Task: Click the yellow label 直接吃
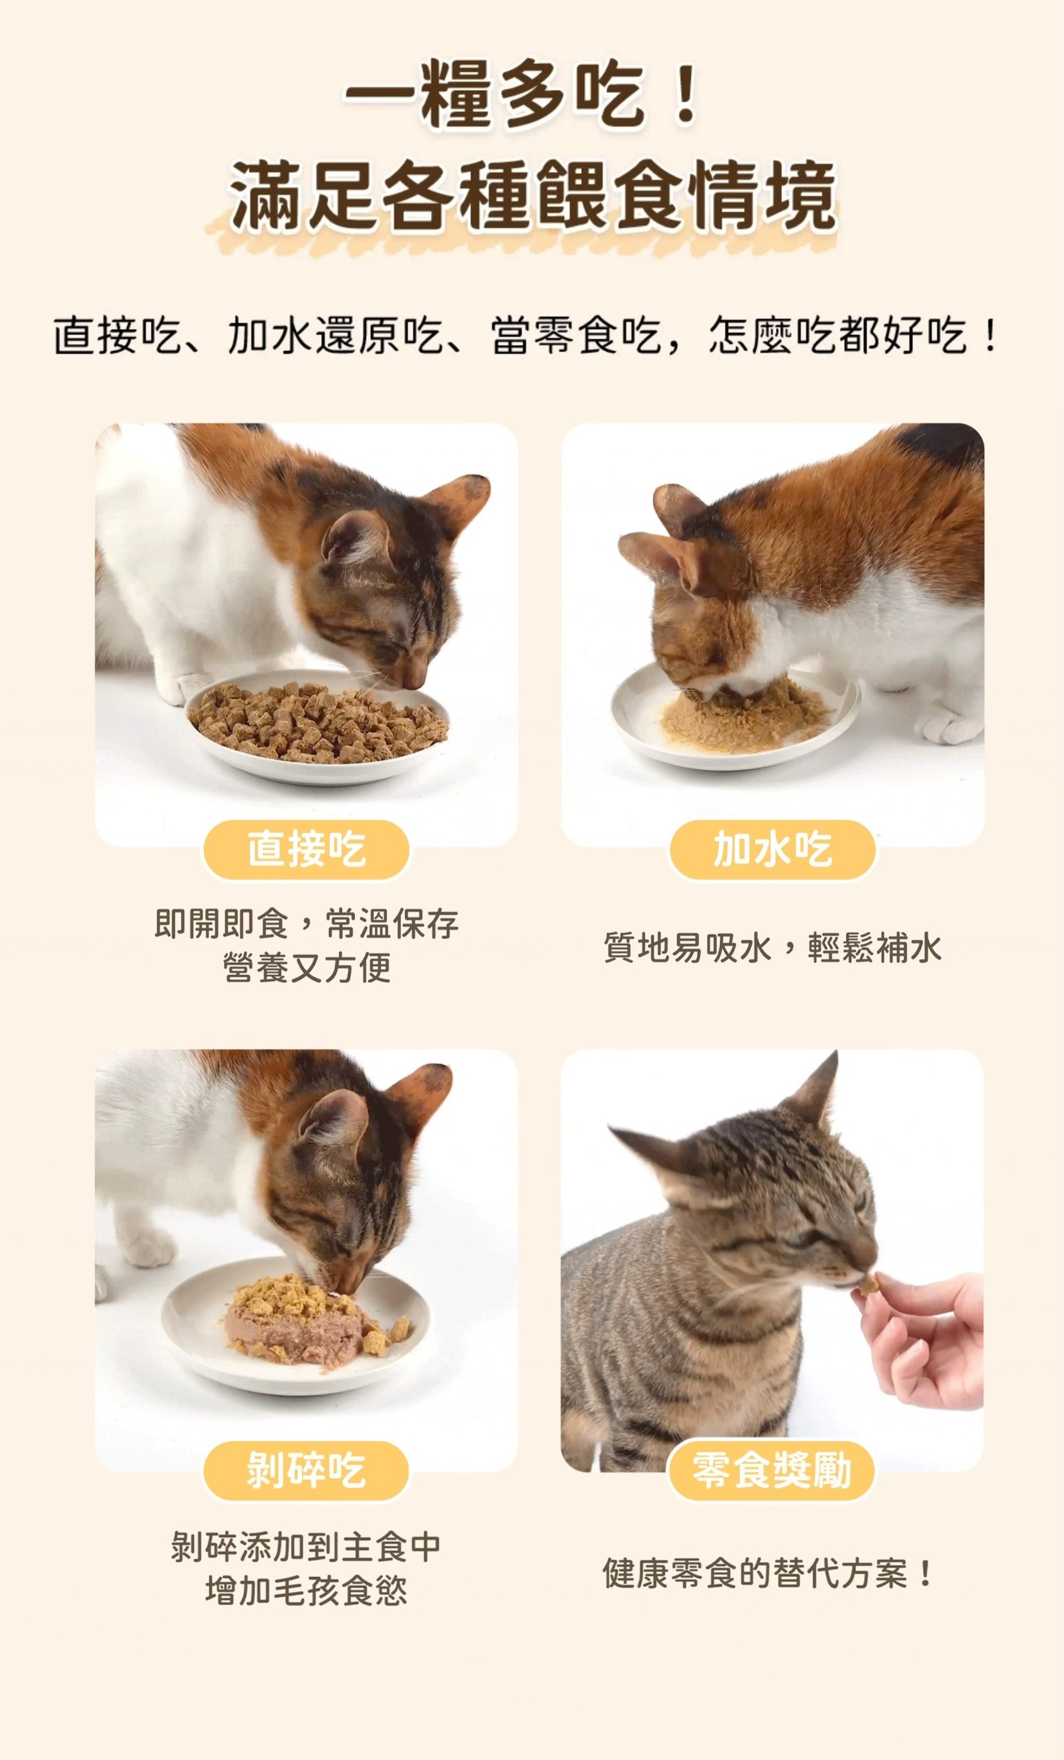pos(306,849)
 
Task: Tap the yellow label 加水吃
pos(772,849)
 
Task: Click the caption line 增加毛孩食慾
pos(306,1591)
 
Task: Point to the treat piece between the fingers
pos(870,1285)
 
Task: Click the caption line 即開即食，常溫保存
pos(307,923)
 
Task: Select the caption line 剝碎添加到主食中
pos(306,1547)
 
